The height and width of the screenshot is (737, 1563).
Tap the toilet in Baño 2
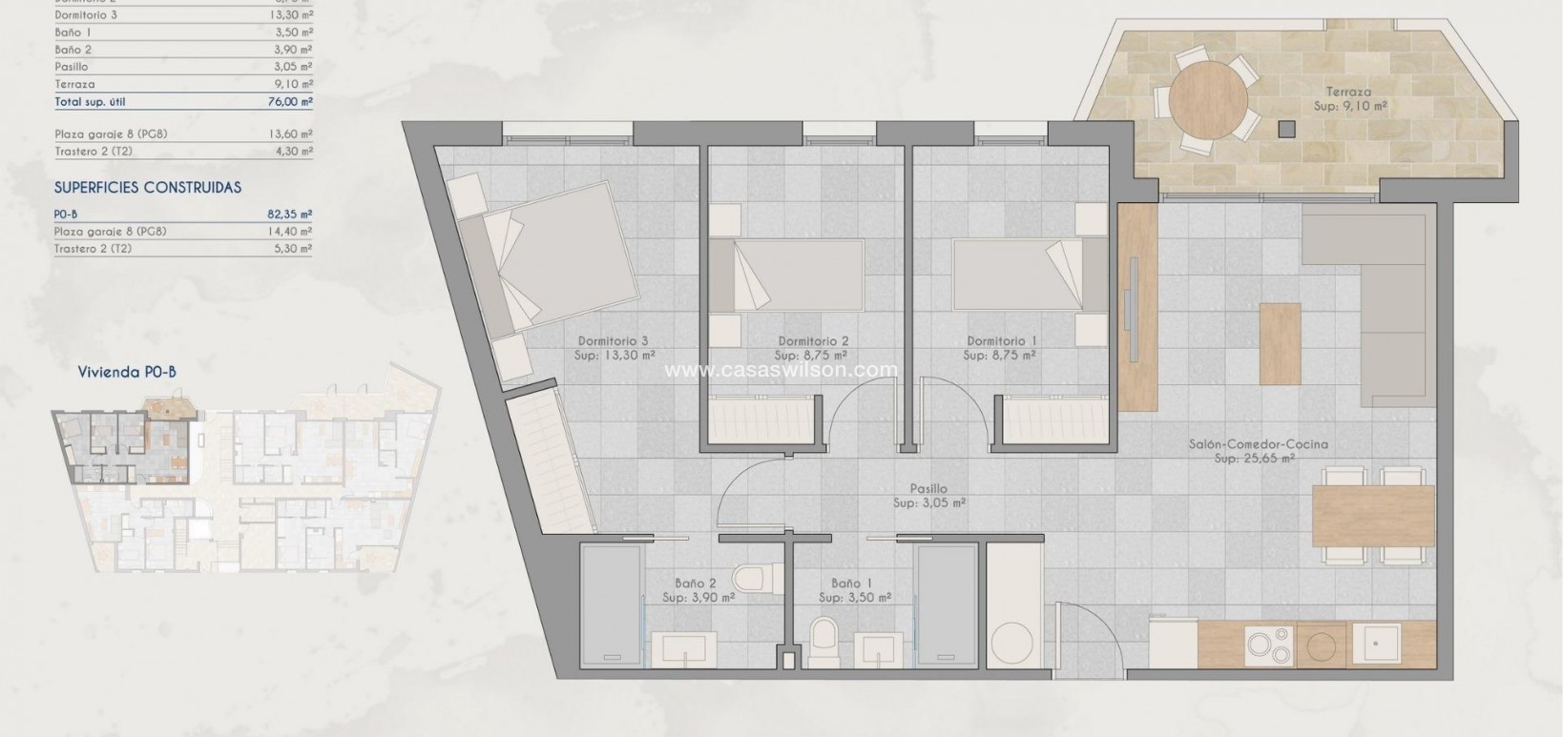(746, 578)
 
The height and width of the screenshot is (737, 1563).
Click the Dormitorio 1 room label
(1001, 341)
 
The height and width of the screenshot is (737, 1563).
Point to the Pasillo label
(928, 489)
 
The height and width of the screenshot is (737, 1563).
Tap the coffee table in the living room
(1281, 340)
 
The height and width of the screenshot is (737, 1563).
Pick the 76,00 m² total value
(290, 102)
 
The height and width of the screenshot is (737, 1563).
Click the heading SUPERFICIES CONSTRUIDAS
(148, 188)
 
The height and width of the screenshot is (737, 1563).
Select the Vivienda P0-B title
(127, 374)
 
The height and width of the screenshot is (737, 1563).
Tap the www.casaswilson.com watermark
(781, 370)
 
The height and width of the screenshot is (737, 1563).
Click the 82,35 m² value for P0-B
(290, 215)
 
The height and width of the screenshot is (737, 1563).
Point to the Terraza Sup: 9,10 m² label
(1349, 99)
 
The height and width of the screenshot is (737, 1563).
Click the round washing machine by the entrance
(1011, 644)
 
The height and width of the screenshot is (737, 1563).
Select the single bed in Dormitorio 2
(786, 276)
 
